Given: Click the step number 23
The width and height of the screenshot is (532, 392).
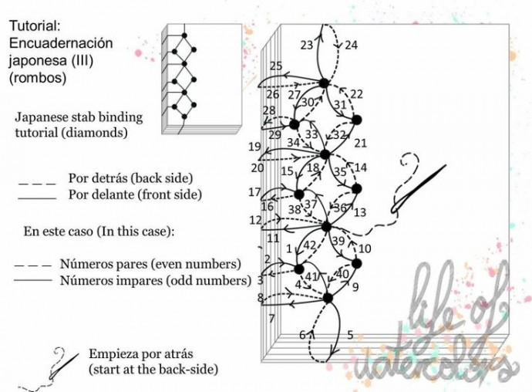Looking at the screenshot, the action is point(307,46).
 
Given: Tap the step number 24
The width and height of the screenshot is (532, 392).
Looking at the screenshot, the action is point(351,46).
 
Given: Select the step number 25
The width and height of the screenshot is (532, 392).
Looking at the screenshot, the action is point(276,66).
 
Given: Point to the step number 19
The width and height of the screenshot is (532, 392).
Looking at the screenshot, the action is point(254,147).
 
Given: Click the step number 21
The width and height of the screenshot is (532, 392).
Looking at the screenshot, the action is point(360,144).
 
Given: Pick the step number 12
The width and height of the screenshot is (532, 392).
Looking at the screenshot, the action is point(255,220).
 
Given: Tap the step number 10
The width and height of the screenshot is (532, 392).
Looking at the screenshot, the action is point(365,248).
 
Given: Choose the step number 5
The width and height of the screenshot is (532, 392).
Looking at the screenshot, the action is point(350,335).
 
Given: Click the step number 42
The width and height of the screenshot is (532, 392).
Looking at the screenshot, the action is point(309,245).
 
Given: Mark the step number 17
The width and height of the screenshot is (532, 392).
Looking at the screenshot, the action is point(254,192).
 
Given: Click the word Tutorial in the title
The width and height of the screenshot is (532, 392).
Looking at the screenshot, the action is point(35,25).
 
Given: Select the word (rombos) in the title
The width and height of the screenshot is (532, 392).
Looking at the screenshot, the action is point(38,78).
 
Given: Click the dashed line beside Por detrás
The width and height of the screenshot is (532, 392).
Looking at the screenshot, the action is point(37,184).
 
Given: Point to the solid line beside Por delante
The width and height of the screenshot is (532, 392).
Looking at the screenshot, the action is point(37,198).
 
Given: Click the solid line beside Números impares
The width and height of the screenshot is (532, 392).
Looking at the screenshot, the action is point(33,280).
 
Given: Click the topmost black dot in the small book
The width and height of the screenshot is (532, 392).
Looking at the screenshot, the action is point(184,35).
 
